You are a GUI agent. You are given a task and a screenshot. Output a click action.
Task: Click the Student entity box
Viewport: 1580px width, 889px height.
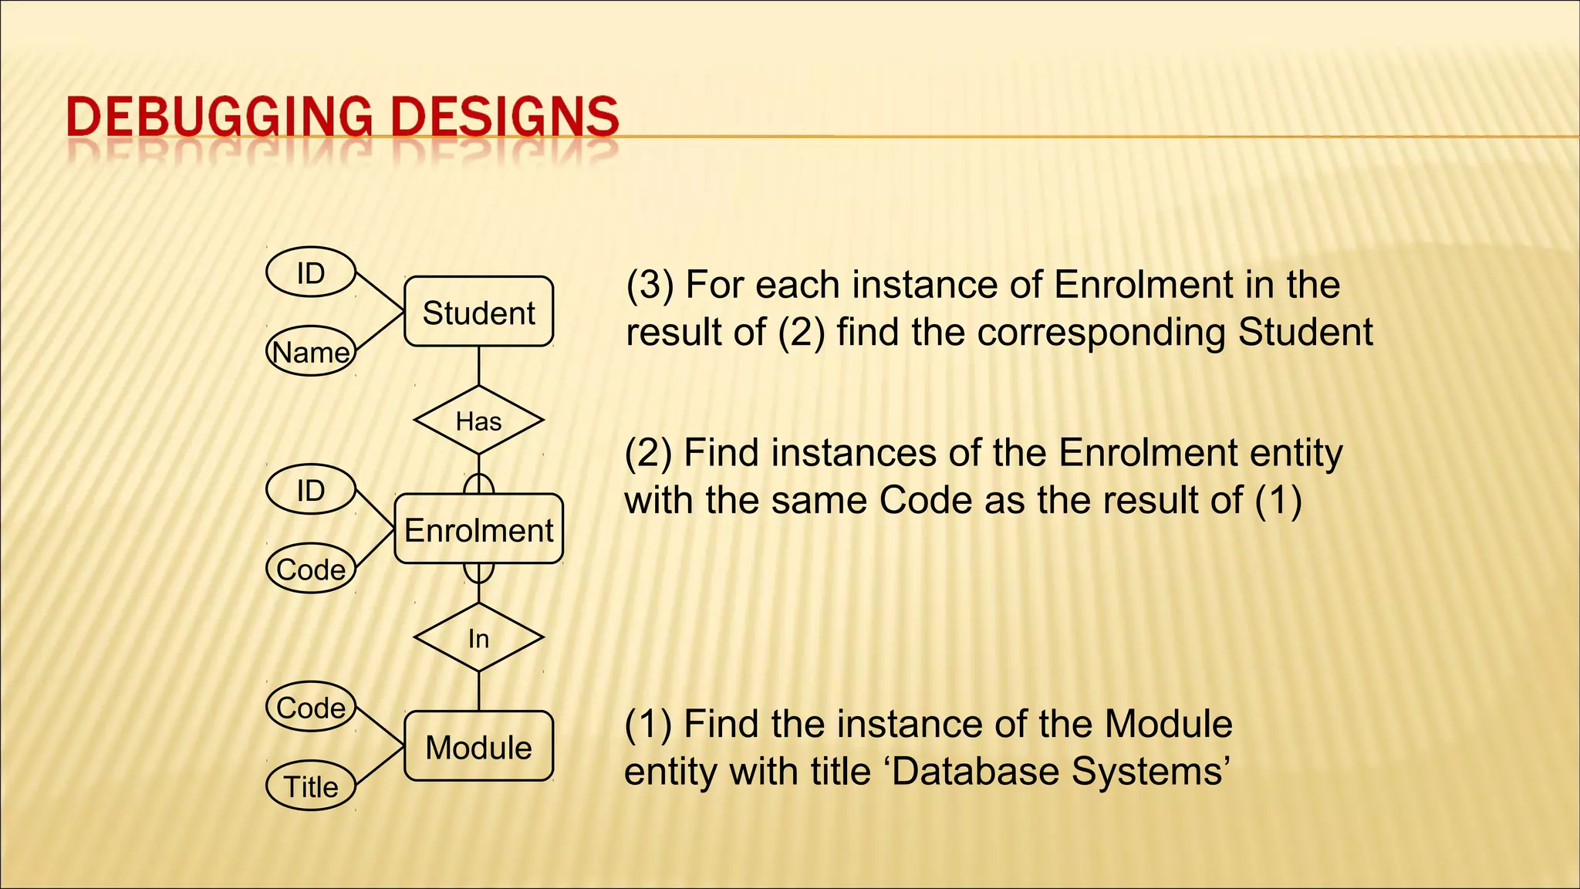click(x=478, y=312)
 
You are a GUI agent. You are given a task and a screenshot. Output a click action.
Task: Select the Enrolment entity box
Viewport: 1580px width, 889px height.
click(x=478, y=529)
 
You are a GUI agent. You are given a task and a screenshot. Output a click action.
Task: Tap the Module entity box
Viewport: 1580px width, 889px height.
click(x=478, y=746)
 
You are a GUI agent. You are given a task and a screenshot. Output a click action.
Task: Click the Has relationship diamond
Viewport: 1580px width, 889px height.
click(x=478, y=421)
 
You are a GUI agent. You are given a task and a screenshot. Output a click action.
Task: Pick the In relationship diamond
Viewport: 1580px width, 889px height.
click(x=478, y=638)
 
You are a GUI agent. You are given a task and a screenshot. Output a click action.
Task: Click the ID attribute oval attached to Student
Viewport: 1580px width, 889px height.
click(x=311, y=272)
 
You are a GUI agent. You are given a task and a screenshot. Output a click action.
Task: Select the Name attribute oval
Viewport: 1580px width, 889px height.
click(x=311, y=352)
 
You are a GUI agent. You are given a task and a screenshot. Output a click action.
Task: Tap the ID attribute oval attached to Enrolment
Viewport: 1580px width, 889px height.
click(x=311, y=490)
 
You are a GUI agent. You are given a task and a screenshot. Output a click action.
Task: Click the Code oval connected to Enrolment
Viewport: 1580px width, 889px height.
click(x=311, y=570)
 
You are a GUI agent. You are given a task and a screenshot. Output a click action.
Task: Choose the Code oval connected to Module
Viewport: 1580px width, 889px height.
click(x=311, y=707)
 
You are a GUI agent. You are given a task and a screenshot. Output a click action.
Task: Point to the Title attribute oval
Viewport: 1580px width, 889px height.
click(x=311, y=786)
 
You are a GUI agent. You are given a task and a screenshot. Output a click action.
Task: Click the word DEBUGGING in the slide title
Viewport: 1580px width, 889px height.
click(x=219, y=117)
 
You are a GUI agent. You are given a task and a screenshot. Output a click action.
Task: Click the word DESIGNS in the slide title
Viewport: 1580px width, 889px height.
click(x=505, y=117)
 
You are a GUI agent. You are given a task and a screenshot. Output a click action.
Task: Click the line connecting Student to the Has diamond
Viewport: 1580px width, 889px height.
click(x=478, y=366)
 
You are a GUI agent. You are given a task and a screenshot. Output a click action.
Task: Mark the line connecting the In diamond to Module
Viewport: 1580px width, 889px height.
click(x=478, y=691)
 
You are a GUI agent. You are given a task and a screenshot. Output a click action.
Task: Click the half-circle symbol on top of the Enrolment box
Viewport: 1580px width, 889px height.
click(x=478, y=484)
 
